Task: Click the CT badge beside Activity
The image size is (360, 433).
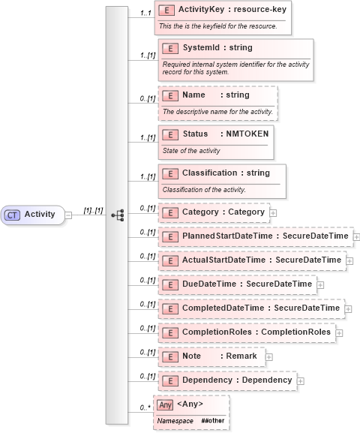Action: (x=13, y=215)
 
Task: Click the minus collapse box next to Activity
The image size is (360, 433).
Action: (x=67, y=215)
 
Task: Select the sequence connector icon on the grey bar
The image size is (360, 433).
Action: (x=117, y=215)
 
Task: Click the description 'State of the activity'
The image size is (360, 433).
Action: (x=191, y=150)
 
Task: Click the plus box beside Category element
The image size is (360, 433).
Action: (x=273, y=212)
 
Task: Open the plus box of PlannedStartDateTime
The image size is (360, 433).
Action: (x=356, y=236)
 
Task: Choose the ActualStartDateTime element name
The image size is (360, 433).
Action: (x=223, y=260)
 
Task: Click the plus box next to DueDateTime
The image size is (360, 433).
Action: (x=320, y=284)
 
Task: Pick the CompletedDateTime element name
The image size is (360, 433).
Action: (x=224, y=308)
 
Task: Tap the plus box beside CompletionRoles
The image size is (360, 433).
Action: (x=339, y=332)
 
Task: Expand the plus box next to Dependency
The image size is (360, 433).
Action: (x=301, y=380)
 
